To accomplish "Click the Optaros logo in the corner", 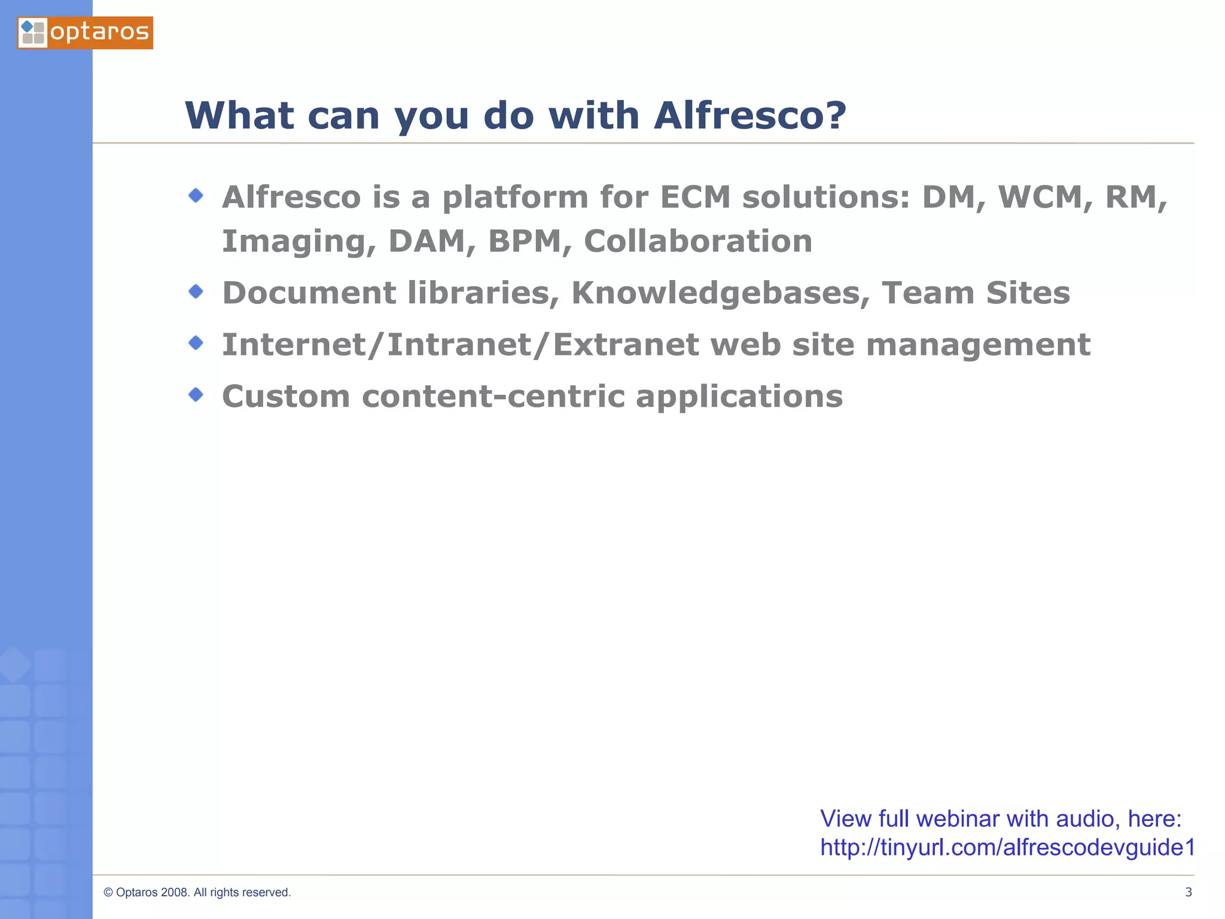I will point(85,33).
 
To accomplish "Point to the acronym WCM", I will point(1041,197).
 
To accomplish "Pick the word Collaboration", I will point(697,241).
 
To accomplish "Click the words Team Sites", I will point(976,293).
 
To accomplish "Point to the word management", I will point(978,346).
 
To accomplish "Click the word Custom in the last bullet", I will point(286,397).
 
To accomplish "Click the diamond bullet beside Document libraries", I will point(196,292).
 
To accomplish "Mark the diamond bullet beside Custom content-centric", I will point(196,395).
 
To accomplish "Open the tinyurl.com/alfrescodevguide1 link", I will point(1007,848).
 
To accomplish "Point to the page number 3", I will point(1189,892).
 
